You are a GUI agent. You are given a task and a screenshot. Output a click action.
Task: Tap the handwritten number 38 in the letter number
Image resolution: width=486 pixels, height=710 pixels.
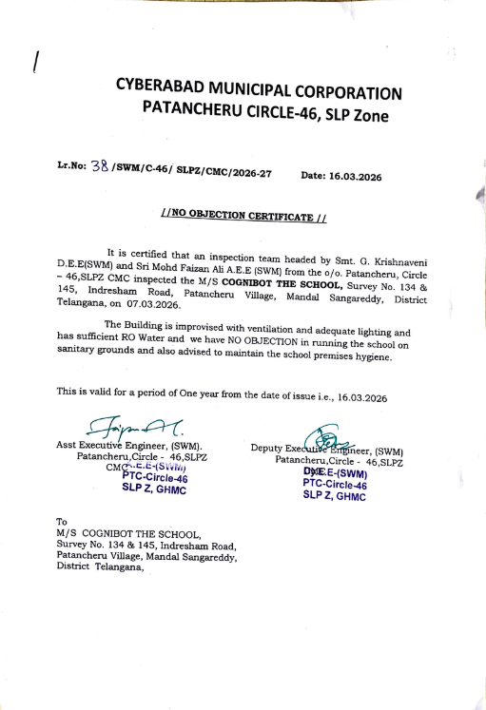[x=99, y=167]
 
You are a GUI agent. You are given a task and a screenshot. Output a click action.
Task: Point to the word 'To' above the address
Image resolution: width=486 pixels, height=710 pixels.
[x=63, y=521]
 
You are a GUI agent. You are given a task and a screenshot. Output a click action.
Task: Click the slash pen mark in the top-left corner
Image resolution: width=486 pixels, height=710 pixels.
[x=35, y=62]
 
